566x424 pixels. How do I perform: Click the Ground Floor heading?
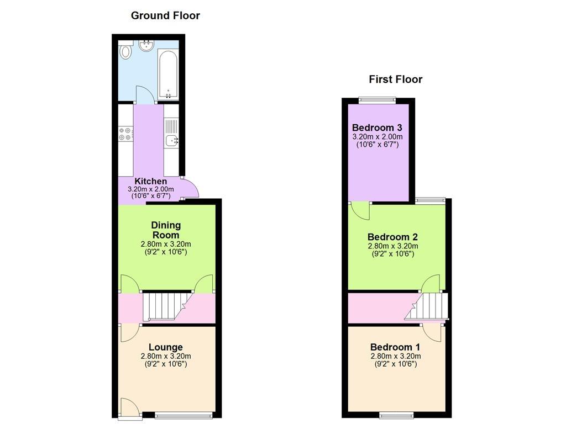165,15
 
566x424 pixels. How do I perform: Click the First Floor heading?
396,79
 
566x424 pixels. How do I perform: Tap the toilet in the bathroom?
126,51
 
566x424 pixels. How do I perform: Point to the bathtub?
168,75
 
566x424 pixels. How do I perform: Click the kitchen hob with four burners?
125,134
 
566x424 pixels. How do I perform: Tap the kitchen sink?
171,140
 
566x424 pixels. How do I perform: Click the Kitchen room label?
150,181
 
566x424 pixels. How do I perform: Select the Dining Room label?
166,230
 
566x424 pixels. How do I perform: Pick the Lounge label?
166,347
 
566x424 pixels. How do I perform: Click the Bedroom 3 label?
377,128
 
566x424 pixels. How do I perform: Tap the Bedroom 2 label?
393,237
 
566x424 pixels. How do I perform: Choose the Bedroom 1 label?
395,347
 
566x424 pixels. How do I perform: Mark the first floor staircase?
426,306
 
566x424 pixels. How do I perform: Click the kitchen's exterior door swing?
190,187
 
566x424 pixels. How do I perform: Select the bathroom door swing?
145,95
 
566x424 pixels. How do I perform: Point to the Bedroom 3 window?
377,100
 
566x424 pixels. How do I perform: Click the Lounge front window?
184,415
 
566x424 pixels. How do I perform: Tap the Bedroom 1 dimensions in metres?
396,356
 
